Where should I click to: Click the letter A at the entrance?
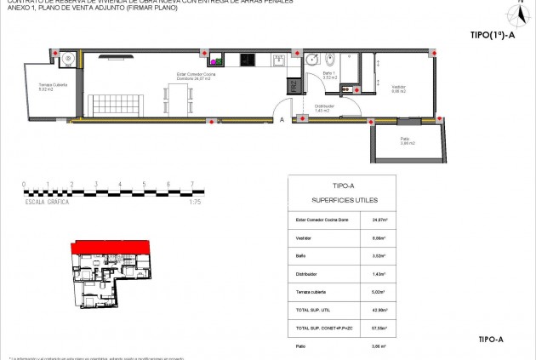[281, 120]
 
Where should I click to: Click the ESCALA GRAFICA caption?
[47, 202]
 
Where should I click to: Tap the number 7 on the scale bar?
[193, 184]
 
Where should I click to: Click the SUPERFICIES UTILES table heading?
[341, 201]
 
